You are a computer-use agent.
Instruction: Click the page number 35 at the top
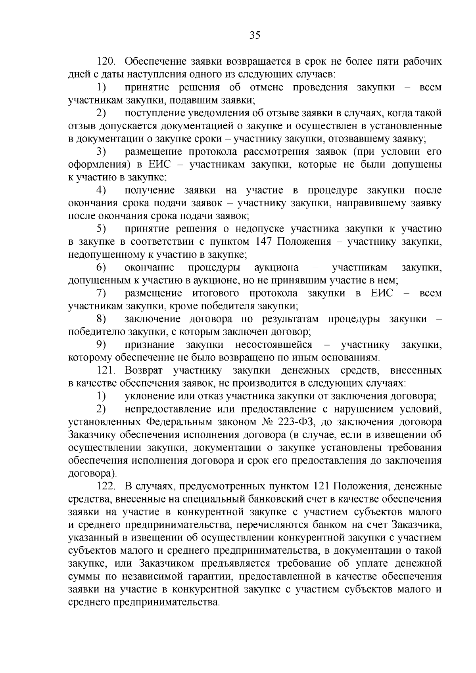[255, 36]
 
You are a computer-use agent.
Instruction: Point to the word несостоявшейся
[274, 345]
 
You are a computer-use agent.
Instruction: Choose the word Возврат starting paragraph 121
[144, 371]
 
